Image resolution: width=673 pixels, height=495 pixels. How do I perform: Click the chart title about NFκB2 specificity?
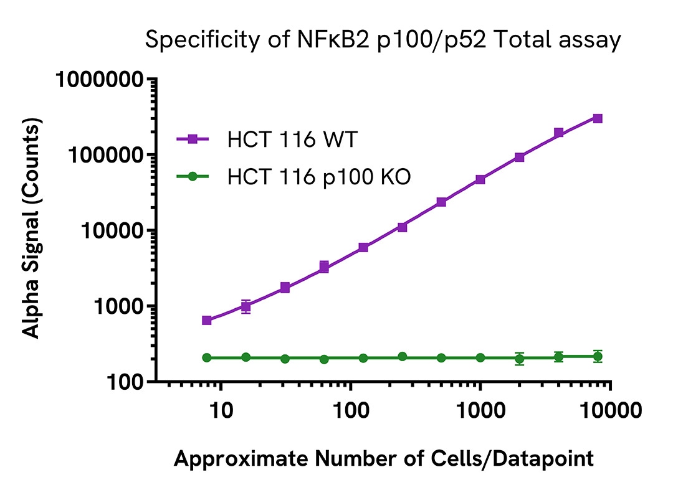pyautogui.click(x=383, y=40)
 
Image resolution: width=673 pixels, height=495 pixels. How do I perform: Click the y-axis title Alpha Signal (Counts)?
pyautogui.click(x=32, y=230)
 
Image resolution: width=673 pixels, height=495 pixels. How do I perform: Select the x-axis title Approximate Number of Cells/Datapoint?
pyautogui.click(x=383, y=459)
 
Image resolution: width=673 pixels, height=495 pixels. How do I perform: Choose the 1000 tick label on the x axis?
pyautogui.click(x=480, y=413)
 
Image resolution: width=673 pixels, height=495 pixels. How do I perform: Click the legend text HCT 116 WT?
pyautogui.click(x=292, y=140)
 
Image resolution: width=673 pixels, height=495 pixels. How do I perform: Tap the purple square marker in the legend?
pyautogui.click(x=193, y=140)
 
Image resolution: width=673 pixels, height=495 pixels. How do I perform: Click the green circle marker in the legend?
pyautogui.click(x=193, y=177)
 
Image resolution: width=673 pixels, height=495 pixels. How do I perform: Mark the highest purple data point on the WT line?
pyautogui.click(x=598, y=118)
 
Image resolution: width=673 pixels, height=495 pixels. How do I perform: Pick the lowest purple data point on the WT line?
pyautogui.click(x=207, y=320)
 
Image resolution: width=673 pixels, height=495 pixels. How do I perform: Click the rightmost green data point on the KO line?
pyautogui.click(x=598, y=356)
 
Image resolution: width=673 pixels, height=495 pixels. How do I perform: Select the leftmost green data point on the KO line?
pyautogui.click(x=207, y=357)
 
